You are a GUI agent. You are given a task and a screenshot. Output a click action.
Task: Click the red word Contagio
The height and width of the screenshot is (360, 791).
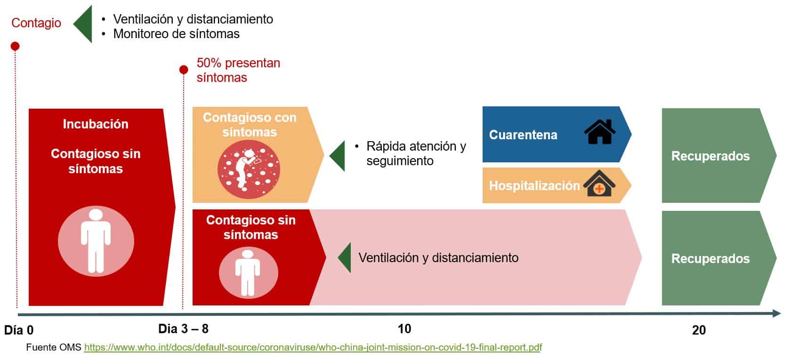click(x=36, y=23)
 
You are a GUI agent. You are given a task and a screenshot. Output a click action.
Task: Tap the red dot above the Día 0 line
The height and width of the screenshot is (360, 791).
click(x=15, y=46)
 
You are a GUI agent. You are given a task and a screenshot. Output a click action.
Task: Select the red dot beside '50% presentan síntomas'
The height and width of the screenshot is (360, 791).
click(x=184, y=70)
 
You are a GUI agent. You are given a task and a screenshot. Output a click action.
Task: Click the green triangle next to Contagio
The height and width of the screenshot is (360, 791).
click(x=83, y=24)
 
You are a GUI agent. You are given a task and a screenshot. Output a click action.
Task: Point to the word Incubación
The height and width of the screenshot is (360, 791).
click(x=95, y=124)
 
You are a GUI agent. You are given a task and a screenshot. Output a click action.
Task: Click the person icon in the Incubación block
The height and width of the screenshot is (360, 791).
click(x=96, y=241)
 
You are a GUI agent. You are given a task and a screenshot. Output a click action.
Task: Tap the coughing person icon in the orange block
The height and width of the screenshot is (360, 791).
click(x=249, y=169)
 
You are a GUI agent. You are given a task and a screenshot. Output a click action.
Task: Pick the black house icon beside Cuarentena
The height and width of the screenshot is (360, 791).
click(x=600, y=132)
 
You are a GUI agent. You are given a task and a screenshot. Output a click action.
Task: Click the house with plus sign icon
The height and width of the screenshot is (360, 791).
click(x=599, y=183)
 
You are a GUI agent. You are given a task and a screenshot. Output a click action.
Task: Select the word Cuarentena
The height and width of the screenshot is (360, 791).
click(x=523, y=135)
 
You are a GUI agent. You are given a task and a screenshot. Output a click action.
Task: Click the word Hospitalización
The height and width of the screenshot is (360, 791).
click(x=534, y=185)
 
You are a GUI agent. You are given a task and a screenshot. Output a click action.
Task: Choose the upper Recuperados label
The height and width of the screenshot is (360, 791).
click(x=710, y=156)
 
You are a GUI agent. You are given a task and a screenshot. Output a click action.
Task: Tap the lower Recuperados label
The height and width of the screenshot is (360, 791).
click(x=710, y=259)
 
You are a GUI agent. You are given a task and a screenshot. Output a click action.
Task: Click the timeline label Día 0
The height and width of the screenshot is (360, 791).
click(x=19, y=330)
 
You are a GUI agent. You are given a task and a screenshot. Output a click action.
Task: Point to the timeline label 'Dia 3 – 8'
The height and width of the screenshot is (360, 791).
click(x=183, y=328)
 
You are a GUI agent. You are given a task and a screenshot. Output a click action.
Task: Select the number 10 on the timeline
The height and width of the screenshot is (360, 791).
click(x=404, y=328)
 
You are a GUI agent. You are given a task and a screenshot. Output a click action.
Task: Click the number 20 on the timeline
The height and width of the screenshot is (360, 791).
click(x=699, y=330)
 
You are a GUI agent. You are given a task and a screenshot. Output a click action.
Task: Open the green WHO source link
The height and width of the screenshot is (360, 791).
click(x=313, y=347)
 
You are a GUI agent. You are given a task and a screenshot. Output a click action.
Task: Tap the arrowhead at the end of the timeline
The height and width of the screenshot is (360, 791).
click(x=777, y=313)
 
